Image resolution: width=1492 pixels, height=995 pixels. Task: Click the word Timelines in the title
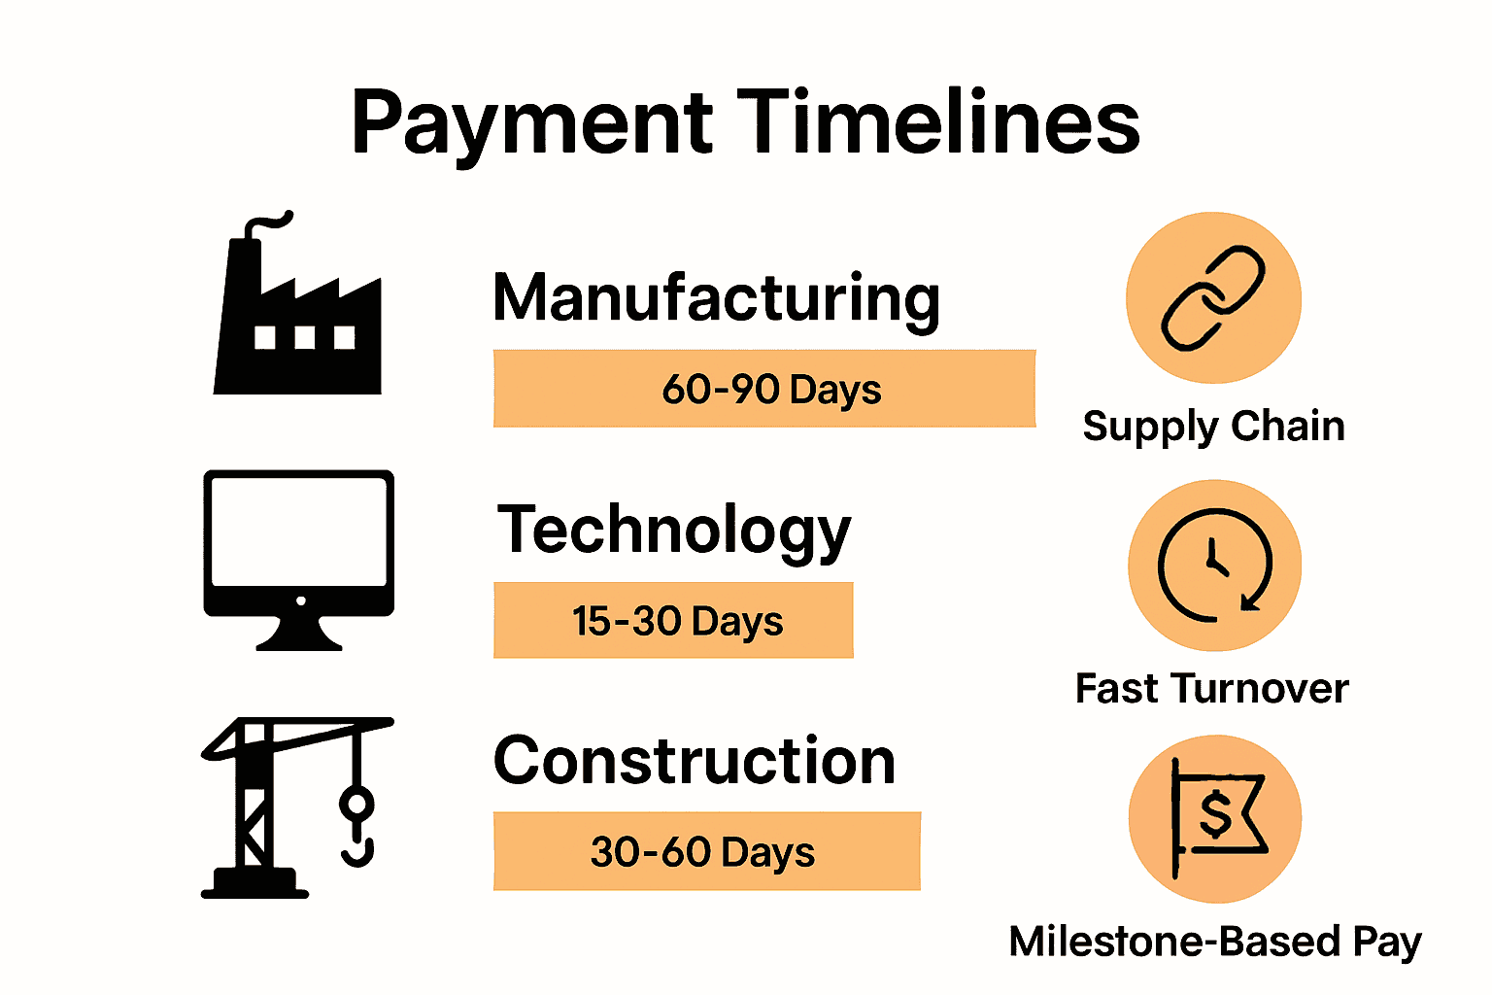pyautogui.click(x=938, y=121)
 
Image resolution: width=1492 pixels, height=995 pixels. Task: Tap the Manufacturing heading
pyautogui.click(x=716, y=300)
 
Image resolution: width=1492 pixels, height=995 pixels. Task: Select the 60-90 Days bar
pyautogui.click(x=764, y=389)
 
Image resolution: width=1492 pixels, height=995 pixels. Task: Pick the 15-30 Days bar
pyautogui.click(x=673, y=621)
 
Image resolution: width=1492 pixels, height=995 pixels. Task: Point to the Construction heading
pyautogui.click(x=695, y=761)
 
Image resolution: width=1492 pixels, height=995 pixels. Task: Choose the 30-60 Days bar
pyautogui.click(x=707, y=851)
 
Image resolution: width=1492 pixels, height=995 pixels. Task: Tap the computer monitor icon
pyautogui.click(x=299, y=560)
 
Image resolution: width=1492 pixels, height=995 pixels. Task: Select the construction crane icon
pyautogui.click(x=297, y=807)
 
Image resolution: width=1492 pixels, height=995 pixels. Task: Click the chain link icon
pyautogui.click(x=1213, y=298)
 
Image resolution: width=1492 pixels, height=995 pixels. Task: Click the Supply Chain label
pyautogui.click(x=1213, y=428)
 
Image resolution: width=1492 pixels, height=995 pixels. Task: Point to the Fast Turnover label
pyautogui.click(x=1212, y=688)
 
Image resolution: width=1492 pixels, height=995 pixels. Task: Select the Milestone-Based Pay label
pyautogui.click(x=1215, y=943)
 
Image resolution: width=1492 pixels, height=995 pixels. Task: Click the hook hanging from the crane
pyautogui.click(x=357, y=826)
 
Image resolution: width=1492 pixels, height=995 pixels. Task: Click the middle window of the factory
pyautogui.click(x=305, y=337)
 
